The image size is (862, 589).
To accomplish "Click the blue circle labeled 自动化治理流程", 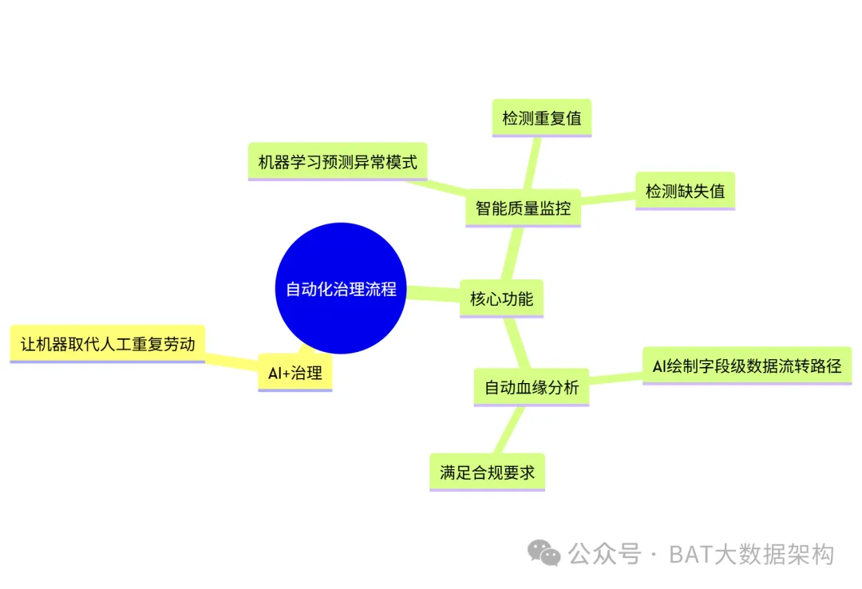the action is coord(341,288).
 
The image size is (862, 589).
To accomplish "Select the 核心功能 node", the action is coord(501,299).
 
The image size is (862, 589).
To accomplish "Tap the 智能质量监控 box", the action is coord(523,208).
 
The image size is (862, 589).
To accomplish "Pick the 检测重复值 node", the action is coord(541,118).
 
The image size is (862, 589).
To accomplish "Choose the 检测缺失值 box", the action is coord(685,191).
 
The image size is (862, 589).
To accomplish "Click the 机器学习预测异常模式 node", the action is coord(338,162).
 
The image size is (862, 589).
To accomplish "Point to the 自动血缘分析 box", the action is coord(531,388).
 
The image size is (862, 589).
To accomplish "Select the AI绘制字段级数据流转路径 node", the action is coord(747,366).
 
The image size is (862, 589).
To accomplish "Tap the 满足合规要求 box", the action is coord(487,472).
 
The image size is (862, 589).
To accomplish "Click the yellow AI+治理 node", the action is coord(295,373).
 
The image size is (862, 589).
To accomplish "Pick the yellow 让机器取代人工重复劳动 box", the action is coord(108,344).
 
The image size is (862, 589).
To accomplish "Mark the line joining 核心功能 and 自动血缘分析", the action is coord(517,343).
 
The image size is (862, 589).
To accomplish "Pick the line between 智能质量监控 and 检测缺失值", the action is coord(608,199).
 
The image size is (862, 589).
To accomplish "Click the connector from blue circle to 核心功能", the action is coord(433,293).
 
